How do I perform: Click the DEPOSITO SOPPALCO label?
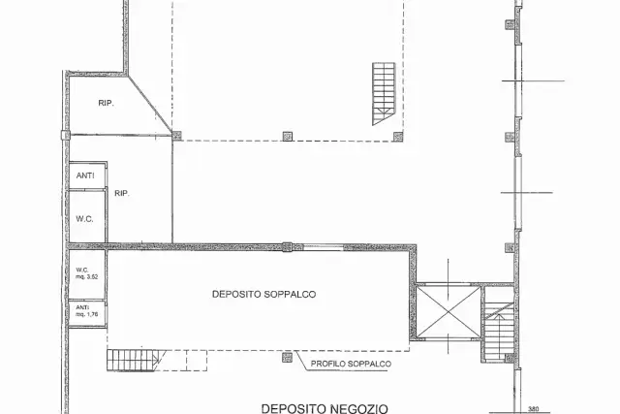[x=263, y=294]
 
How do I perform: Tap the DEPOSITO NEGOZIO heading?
[x=325, y=408]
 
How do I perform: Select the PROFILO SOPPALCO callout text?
[x=351, y=364]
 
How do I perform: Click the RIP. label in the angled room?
[x=106, y=103]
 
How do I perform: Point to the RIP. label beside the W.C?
[x=122, y=193]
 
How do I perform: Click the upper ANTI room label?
[x=85, y=175]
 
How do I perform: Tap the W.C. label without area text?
[x=84, y=219]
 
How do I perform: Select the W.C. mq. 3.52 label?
[x=86, y=273]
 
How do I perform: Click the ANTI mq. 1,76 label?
[x=86, y=310]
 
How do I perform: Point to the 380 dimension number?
[x=534, y=410]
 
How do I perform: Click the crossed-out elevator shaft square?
[x=449, y=311]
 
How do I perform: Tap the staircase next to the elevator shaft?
[x=499, y=331]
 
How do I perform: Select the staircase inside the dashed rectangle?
[x=384, y=93]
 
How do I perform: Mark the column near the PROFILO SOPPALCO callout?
[x=287, y=357]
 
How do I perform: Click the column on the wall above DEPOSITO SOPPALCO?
[x=287, y=247]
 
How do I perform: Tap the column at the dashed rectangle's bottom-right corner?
[x=398, y=136]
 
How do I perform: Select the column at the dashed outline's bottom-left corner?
[x=176, y=136]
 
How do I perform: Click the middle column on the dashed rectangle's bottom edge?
[x=288, y=136]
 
